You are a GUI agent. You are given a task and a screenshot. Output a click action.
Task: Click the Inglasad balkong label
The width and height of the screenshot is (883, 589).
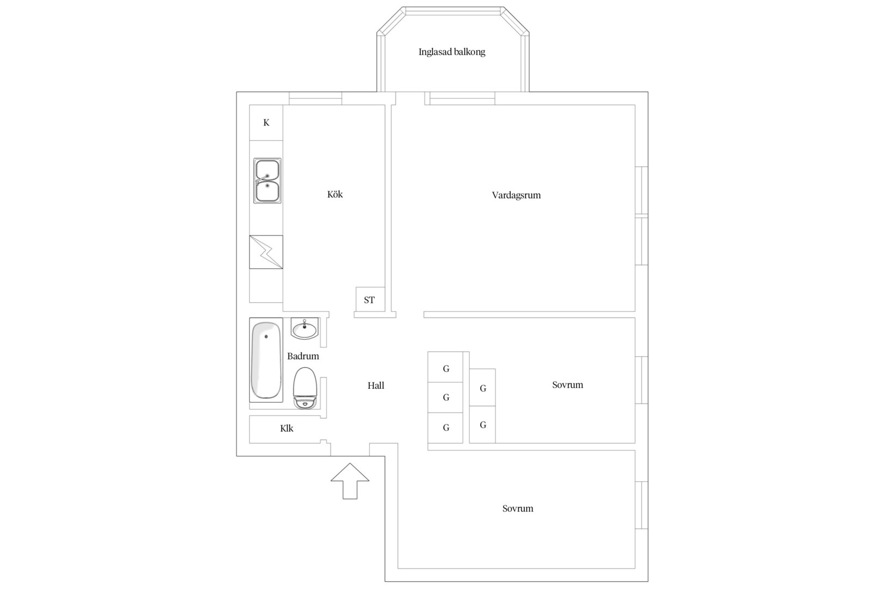tap(452, 52)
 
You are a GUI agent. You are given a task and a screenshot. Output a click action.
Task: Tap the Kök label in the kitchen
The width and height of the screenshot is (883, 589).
tap(335, 194)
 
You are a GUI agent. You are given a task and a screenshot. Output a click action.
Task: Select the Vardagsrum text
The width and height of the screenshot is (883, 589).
tap(516, 195)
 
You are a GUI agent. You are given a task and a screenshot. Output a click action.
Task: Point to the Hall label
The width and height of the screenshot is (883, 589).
tap(376, 386)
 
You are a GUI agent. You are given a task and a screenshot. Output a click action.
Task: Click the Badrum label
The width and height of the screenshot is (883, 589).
tap(303, 356)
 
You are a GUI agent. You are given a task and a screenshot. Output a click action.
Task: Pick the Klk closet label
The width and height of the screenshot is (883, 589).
tap(287, 429)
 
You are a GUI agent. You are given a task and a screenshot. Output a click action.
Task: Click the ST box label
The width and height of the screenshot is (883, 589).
tap(370, 300)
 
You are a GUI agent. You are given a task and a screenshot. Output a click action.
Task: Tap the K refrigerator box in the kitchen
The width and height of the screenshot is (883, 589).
tap(266, 123)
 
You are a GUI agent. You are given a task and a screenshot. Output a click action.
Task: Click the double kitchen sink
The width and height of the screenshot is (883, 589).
tap(267, 181)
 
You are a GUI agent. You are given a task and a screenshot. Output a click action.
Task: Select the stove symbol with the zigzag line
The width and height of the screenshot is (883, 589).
tap(266, 252)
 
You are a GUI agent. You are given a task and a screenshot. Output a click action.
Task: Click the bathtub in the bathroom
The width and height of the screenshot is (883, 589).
tap(266, 360)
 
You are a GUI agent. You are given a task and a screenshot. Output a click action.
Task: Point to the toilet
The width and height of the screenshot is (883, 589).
tap(305, 388)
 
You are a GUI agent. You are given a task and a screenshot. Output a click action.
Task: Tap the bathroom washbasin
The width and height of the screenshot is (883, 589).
tap(305, 329)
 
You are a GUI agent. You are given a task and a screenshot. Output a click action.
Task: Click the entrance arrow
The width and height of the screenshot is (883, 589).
tap(349, 481)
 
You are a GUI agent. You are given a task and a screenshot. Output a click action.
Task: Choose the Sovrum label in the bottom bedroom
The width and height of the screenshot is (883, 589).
tap(518, 508)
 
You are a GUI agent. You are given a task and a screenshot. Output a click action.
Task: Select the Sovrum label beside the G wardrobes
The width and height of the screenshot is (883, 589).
tap(567, 385)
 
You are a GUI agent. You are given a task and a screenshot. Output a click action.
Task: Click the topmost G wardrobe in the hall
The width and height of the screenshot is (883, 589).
tap(445, 367)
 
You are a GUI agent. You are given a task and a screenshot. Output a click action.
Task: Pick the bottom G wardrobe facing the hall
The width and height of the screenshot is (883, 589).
tap(445, 428)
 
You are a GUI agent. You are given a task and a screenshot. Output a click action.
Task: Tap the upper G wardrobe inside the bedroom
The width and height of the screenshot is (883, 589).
tap(482, 387)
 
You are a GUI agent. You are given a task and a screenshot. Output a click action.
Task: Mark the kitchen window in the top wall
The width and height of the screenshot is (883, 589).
tap(316, 98)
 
